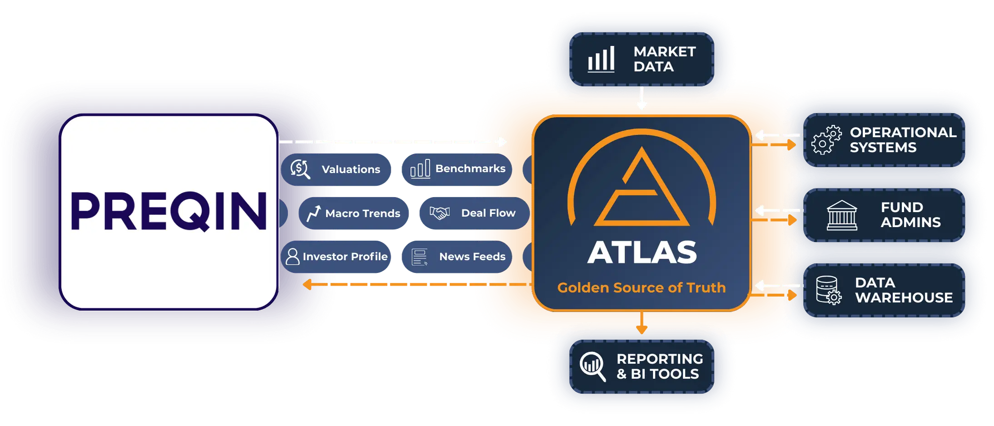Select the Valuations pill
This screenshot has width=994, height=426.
tap(336, 169)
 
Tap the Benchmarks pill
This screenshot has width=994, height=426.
tap(457, 169)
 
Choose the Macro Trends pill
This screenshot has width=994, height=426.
tap(353, 213)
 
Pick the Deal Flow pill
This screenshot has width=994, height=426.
tap(474, 213)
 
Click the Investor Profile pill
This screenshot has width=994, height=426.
tap(336, 257)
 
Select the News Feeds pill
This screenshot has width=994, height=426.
tap(457, 257)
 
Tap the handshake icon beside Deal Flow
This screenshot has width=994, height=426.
tap(440, 213)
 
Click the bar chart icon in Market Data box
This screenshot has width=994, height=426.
tap(601, 59)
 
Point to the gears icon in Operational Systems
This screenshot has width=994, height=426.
tap(826, 140)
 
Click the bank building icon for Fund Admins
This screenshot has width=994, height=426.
tap(842, 215)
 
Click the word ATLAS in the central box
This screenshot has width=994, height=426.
tap(642, 253)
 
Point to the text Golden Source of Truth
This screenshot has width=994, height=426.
tap(641, 287)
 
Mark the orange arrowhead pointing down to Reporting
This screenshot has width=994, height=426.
tap(641, 329)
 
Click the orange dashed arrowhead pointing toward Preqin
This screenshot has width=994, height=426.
tap(308, 284)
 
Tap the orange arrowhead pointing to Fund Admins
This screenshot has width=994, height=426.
tap(792, 220)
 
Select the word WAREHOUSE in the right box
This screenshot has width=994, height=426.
tap(904, 297)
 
